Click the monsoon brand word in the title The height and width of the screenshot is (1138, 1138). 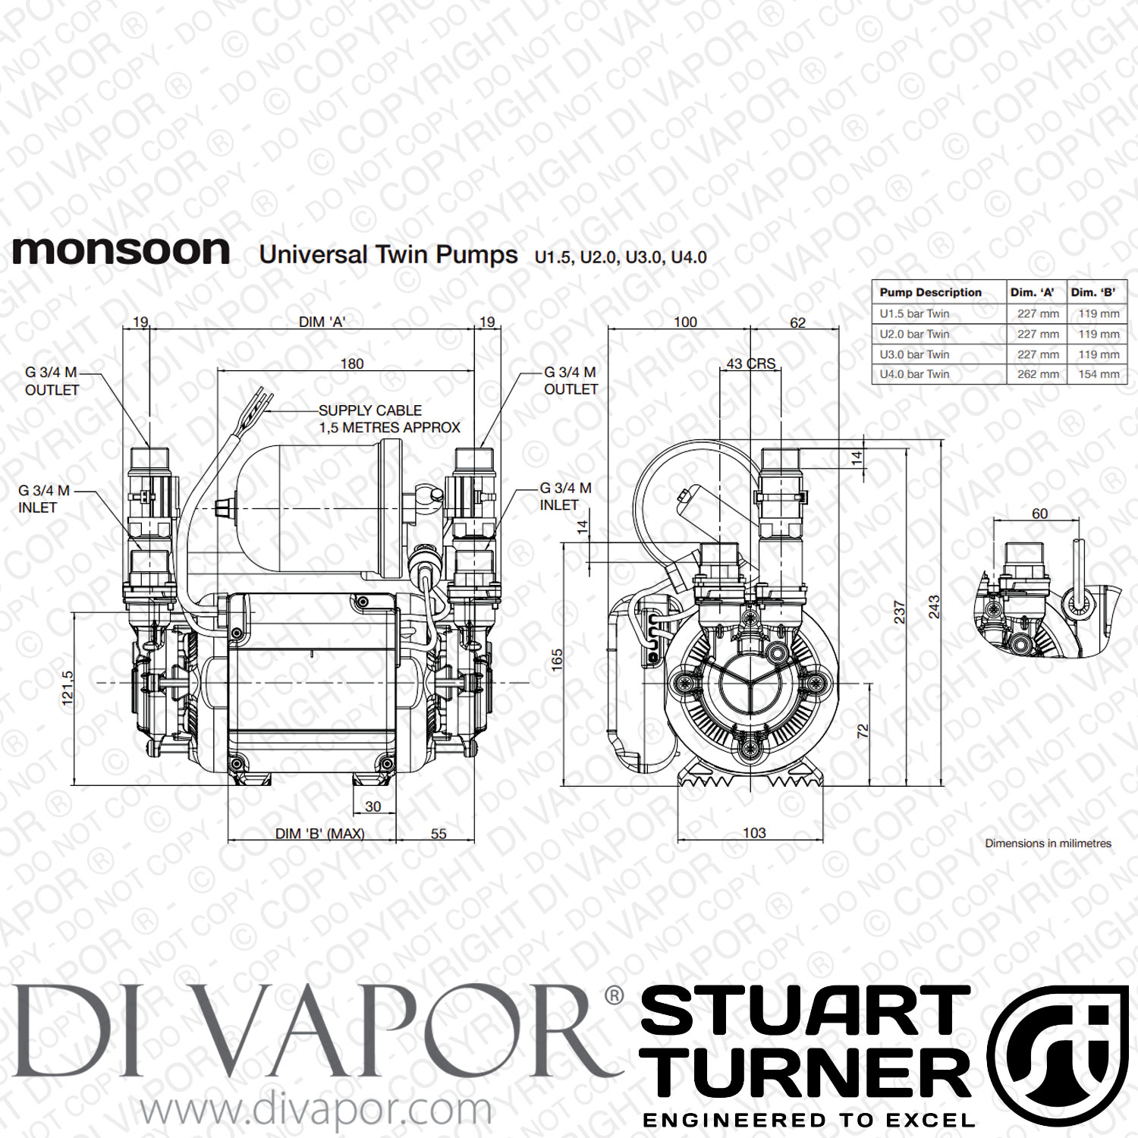[x=121, y=251]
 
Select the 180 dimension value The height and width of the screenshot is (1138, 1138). [x=352, y=364]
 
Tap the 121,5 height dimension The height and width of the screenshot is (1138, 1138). [x=68, y=688]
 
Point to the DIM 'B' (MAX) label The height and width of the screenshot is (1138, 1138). [x=319, y=834]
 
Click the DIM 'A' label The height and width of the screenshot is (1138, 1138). [x=322, y=322]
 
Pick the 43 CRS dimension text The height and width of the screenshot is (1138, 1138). [x=751, y=364]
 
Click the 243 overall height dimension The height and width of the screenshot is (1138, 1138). [x=934, y=606]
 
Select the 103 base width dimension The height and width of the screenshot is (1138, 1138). [x=754, y=833]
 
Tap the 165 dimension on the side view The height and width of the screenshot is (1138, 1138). [x=558, y=659]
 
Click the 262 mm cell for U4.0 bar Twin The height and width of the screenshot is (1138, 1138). [x=1038, y=374]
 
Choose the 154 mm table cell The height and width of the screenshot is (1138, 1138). [x=1099, y=374]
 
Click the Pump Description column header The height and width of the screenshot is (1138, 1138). [x=930, y=292]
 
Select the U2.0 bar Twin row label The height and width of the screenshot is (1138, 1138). [x=914, y=334]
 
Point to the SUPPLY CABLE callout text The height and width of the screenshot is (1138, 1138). [x=389, y=419]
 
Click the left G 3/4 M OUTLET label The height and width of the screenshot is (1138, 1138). [x=52, y=381]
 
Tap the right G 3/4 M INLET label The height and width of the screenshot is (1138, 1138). [x=565, y=496]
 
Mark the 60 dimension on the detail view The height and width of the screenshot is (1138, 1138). [x=1039, y=514]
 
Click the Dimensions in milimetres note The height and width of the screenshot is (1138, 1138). [x=1048, y=843]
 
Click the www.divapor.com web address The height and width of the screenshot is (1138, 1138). [x=316, y=1110]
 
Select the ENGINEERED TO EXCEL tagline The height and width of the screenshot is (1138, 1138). [x=809, y=1121]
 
